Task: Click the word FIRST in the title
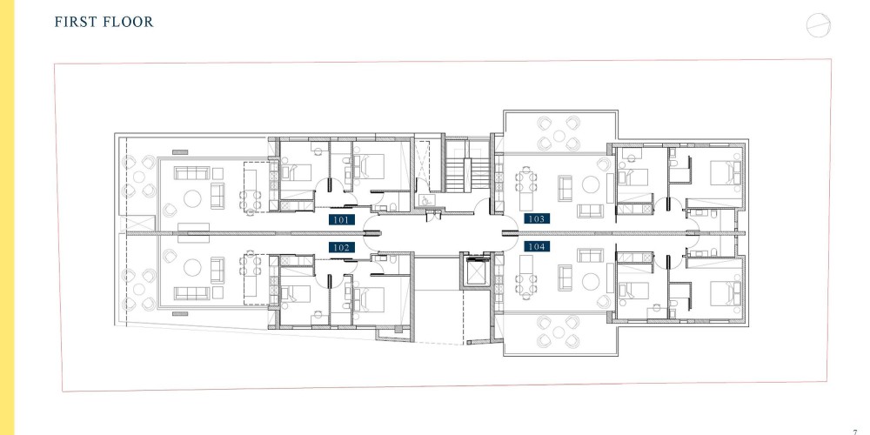[x=75, y=23]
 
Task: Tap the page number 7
[x=855, y=432]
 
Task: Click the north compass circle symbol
[x=819, y=25]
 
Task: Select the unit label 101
[x=341, y=220]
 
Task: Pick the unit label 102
[x=341, y=247]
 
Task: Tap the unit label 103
[x=537, y=218]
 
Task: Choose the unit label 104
[x=537, y=246]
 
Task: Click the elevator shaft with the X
[x=477, y=271]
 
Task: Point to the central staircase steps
[x=468, y=175]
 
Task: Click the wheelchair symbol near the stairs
[x=424, y=200]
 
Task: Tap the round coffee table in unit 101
[x=192, y=198]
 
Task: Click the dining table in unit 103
[x=525, y=186]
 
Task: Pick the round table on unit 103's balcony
[x=559, y=136]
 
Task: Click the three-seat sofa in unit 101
[x=192, y=173]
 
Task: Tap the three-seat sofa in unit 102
[x=192, y=293]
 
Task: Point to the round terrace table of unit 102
[x=138, y=290]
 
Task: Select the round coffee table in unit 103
[x=590, y=184]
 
